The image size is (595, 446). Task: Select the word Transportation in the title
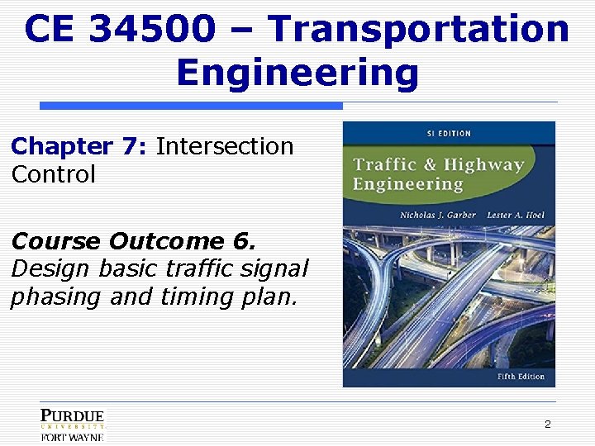tap(419, 30)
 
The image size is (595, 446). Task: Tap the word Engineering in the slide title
tap(297, 73)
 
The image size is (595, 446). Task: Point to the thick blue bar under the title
tap(191, 106)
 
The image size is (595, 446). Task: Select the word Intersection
tap(224, 147)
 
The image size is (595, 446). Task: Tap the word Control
tap(54, 175)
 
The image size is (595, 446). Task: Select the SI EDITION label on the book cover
tap(447, 133)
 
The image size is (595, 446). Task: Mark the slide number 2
tap(547, 424)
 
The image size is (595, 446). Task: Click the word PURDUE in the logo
tap(73, 415)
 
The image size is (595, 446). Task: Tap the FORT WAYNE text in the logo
tap(73, 437)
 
